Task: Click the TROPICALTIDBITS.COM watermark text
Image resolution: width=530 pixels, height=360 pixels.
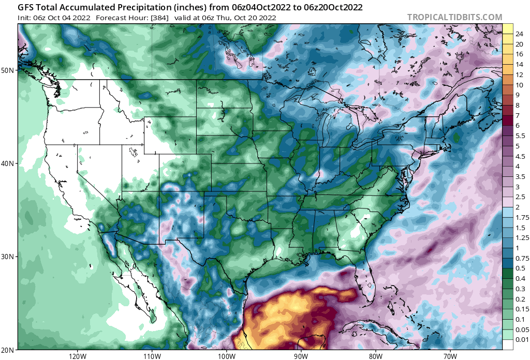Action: point(454,18)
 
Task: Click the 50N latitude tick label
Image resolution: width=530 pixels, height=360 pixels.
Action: point(9,70)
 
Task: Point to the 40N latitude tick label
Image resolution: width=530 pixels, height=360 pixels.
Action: point(9,163)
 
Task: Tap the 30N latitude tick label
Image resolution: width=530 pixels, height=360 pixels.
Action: point(9,257)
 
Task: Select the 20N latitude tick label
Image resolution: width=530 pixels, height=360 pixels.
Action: point(9,350)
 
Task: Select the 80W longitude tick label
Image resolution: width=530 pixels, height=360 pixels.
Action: point(376,356)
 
